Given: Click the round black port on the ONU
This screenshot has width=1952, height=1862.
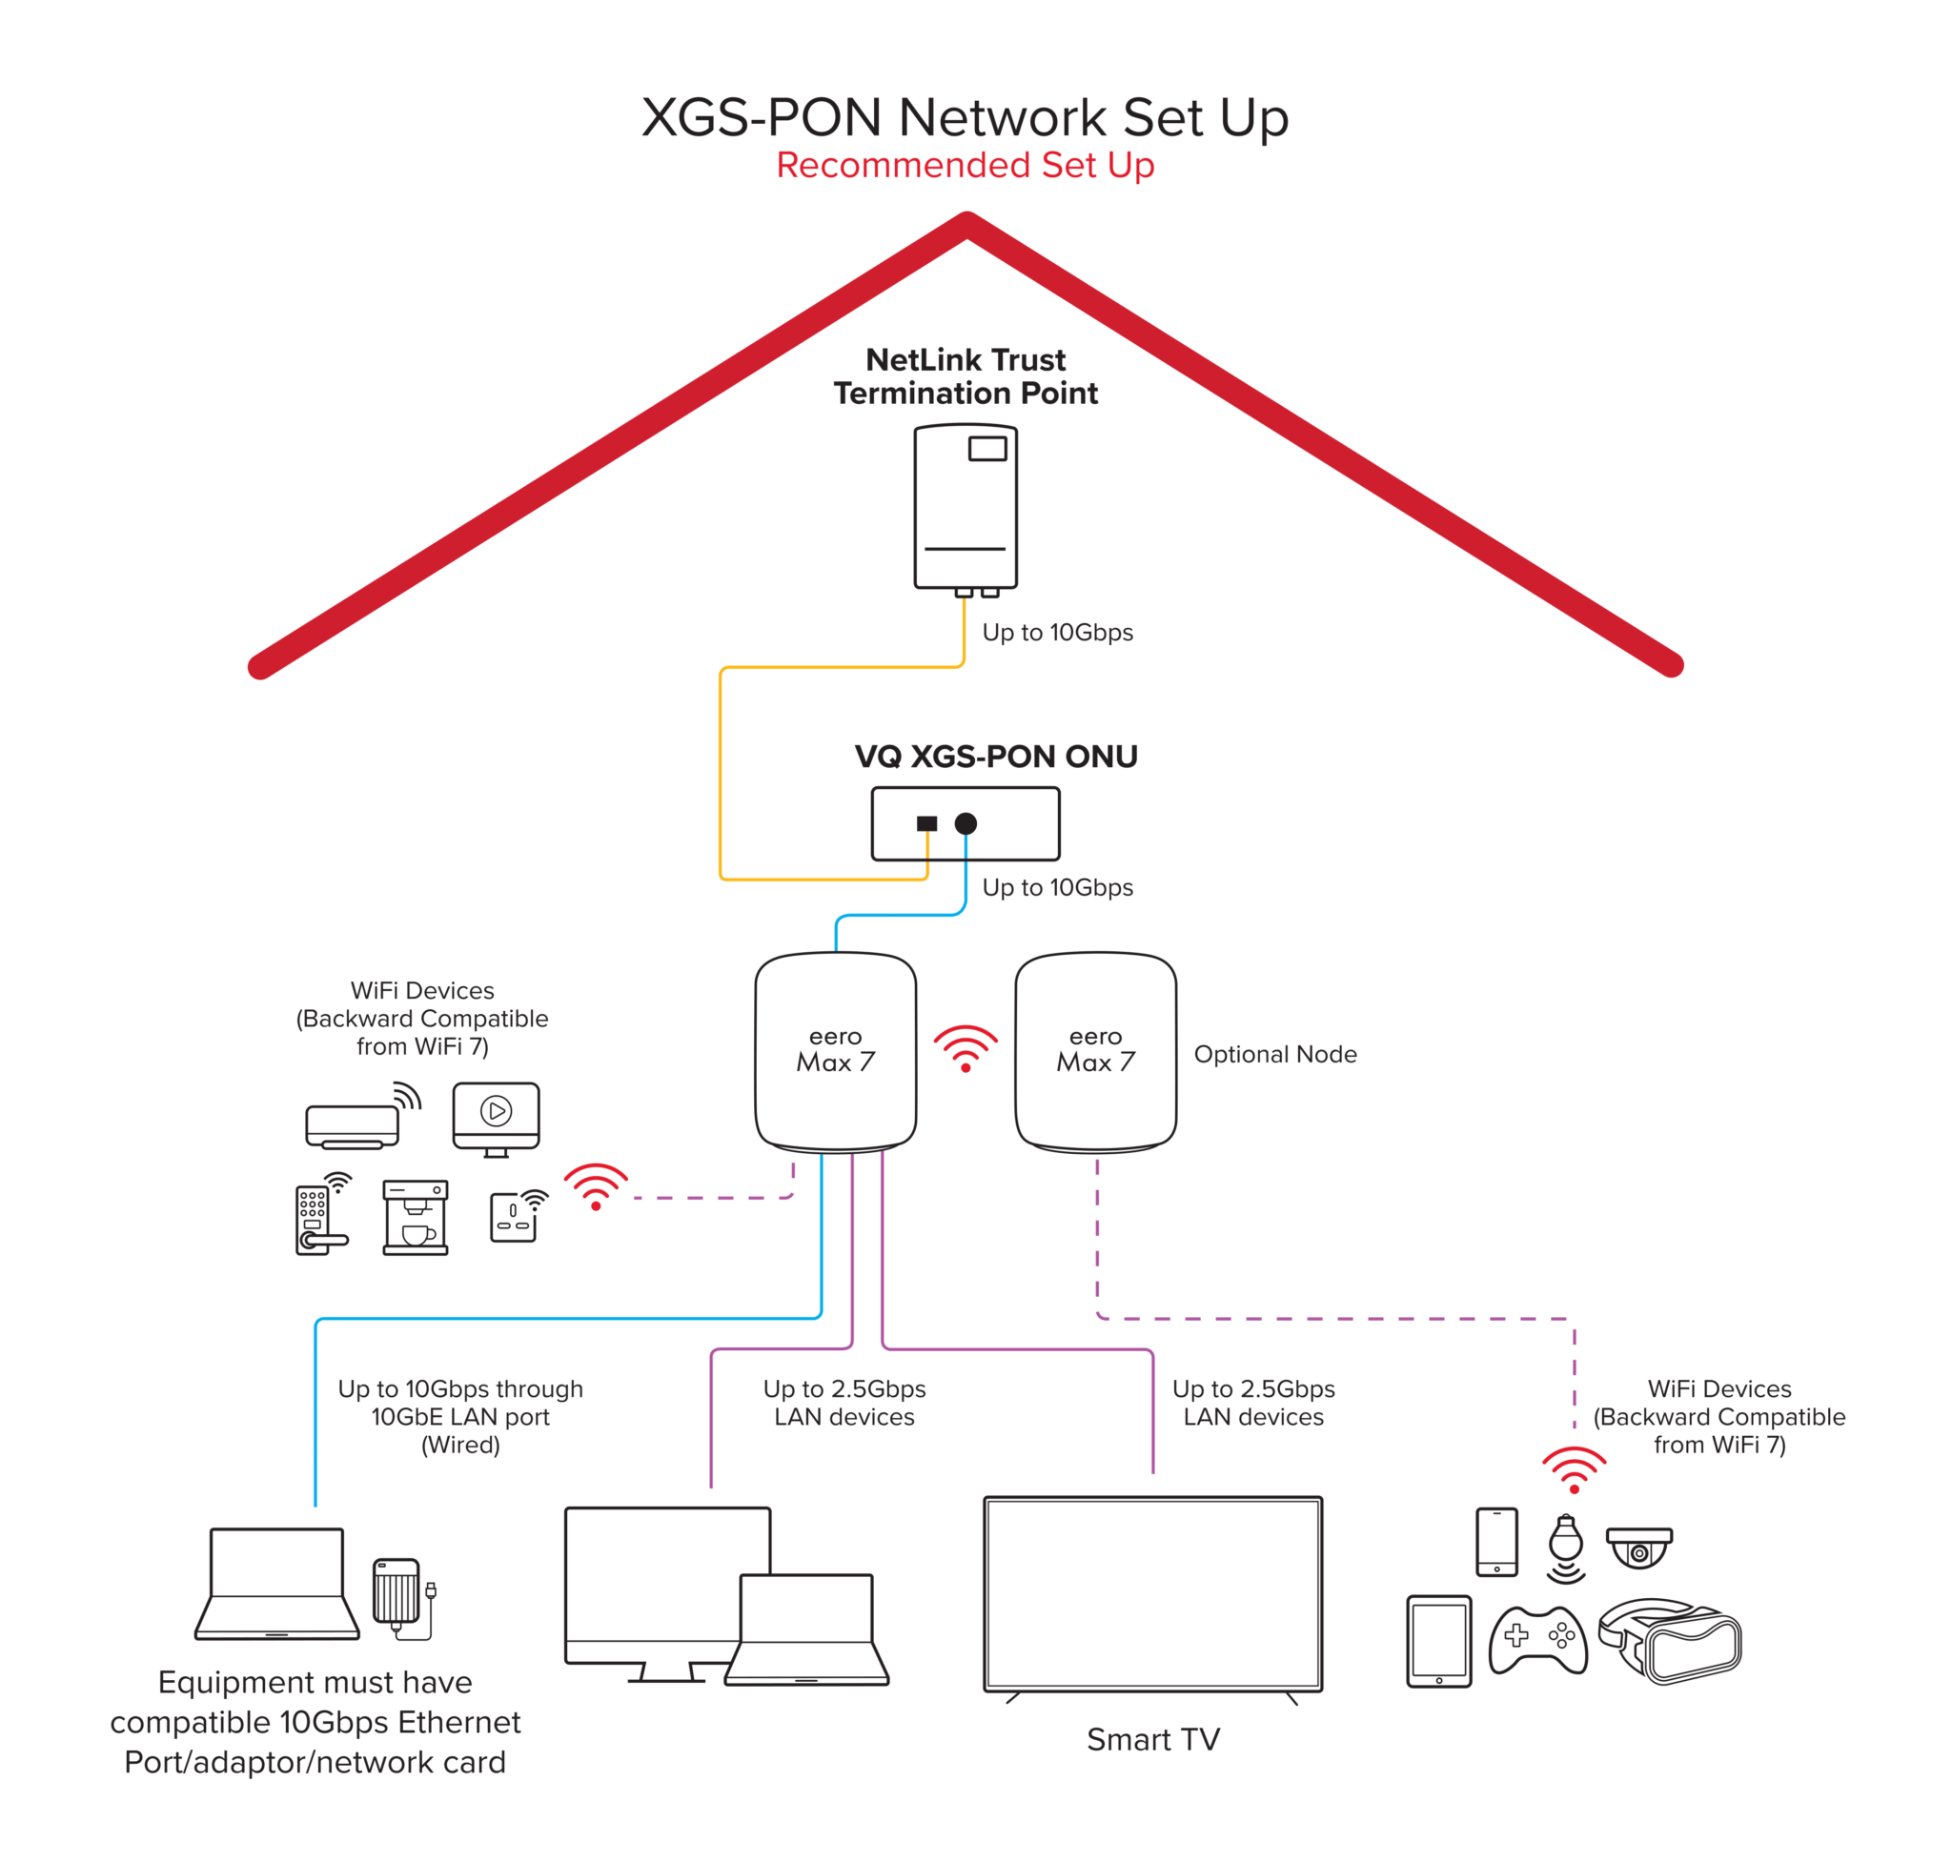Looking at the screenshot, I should (x=966, y=822).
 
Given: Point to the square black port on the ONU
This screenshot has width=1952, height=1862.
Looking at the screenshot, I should (x=926, y=822).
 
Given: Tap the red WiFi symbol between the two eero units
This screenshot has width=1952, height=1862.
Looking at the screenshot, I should (x=966, y=1048).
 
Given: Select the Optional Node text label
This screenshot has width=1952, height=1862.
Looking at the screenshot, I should (x=1274, y=1054).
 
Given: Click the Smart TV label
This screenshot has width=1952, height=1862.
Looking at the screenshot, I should (x=1151, y=1739).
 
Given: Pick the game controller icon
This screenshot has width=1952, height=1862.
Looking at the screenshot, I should (x=1537, y=1639).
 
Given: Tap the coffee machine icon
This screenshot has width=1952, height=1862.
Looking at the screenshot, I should (x=415, y=1217).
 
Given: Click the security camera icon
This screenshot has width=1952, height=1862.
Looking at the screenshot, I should (x=1638, y=1548).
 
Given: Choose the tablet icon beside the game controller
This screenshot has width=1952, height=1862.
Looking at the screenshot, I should (x=1437, y=1641).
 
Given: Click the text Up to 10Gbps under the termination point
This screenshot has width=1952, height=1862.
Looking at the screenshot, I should (x=1056, y=632).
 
